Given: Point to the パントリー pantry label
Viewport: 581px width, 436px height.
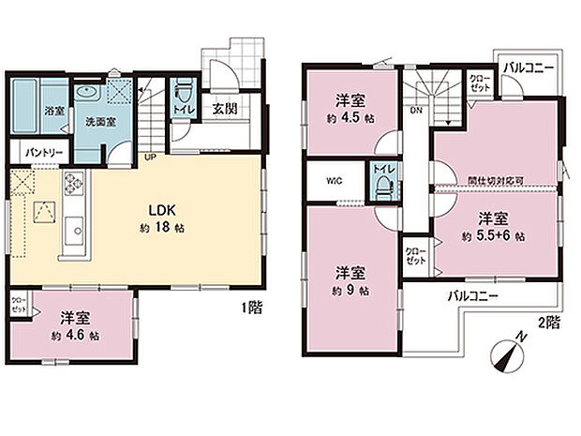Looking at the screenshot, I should [x=38, y=150].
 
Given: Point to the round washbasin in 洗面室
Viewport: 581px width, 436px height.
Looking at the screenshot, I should [x=88, y=93].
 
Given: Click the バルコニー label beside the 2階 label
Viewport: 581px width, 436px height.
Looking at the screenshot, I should [x=472, y=295].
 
